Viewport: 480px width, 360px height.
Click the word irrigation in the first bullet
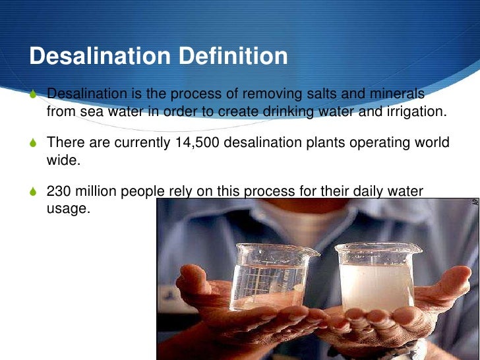tap(415, 111)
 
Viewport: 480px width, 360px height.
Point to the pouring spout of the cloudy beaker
tap(417, 248)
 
